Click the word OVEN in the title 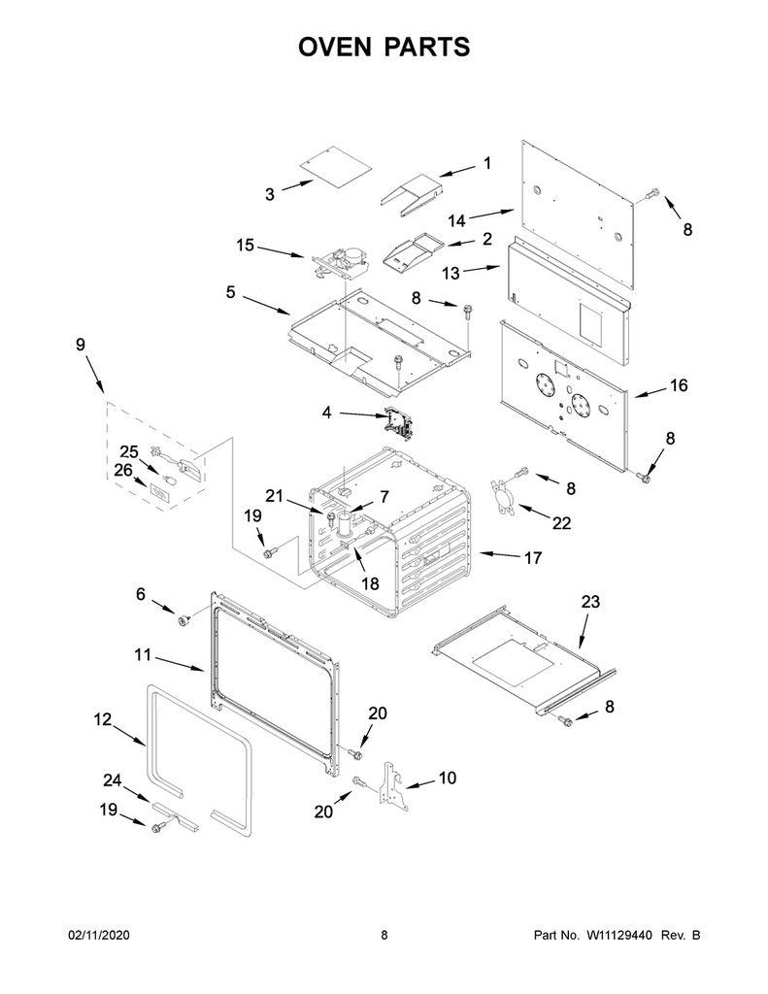tap(335, 47)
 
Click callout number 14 tap(456, 220)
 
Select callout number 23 tap(590, 601)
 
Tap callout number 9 tap(81, 345)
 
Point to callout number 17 tap(533, 557)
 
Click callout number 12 tap(103, 719)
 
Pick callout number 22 tap(561, 522)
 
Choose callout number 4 tap(326, 413)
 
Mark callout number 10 tap(448, 778)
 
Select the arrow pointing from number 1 tap(457, 171)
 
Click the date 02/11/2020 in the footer tap(98, 935)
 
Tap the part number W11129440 tap(618, 935)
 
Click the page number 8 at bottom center tap(384, 935)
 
